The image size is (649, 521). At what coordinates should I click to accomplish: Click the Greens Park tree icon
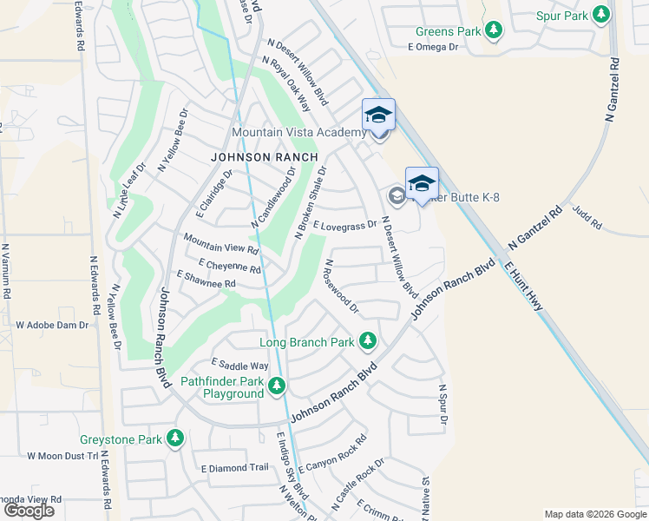pos(494,31)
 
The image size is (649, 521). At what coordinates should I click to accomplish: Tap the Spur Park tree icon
pos(599,15)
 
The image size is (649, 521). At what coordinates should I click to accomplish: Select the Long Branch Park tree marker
pos(369,340)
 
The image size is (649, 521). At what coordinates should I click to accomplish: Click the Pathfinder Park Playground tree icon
pos(277,386)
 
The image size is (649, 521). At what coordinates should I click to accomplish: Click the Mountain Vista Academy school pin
pos(378,115)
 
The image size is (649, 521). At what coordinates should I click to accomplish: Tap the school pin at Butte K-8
pos(422,183)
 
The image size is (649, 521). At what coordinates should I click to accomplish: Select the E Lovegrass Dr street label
pos(345,225)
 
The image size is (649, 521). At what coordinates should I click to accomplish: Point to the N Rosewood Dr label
pos(341,286)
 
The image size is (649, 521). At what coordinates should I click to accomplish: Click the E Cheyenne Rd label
pos(229,265)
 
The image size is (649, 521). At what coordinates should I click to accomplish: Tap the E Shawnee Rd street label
pos(206,279)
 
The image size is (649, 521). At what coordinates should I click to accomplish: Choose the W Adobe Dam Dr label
pos(52,325)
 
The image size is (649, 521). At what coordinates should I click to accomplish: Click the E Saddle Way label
pos(239,366)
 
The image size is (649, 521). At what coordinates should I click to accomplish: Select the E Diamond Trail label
pos(234,467)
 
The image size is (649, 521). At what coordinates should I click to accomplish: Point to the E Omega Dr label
pos(432,47)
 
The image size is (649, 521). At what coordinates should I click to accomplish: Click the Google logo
pos(29,510)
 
